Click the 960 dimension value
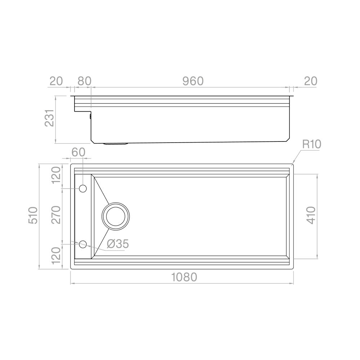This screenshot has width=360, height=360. pyautogui.click(x=193, y=81)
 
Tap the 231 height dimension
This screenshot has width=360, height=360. pyautogui.click(x=49, y=119)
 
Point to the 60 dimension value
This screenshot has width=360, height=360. pyautogui.click(x=78, y=152)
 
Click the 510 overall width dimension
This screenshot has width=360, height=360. pyautogui.click(x=33, y=215)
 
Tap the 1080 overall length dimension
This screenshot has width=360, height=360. pyautogui.click(x=184, y=278)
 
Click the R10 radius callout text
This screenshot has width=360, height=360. pyautogui.click(x=311, y=145)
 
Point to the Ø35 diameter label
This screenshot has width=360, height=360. pyautogui.click(x=118, y=244)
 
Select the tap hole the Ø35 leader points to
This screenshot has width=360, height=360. pyautogui.click(x=83, y=244)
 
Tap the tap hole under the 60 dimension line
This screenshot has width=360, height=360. pyautogui.click(x=83, y=188)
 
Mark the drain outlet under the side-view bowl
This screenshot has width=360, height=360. pyautogui.click(x=116, y=144)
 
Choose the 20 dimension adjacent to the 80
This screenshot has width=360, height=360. pyautogui.click(x=56, y=81)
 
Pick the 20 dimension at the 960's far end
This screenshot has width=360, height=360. pyautogui.click(x=310, y=81)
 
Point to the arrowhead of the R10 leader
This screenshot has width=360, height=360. pyautogui.click(x=293, y=163)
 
